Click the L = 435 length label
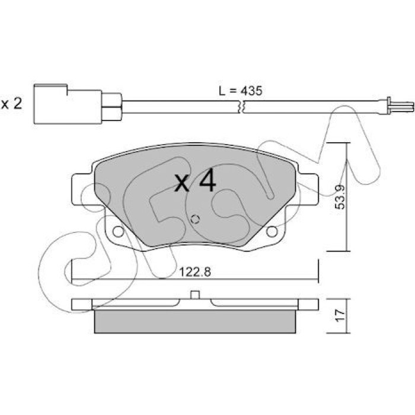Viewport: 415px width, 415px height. pos(241,91)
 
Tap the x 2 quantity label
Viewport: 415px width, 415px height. pos(12,104)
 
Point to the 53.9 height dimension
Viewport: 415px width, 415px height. pos(340,197)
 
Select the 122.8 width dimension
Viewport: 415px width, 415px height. pos(195,272)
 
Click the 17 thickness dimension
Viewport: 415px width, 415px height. pos(340,315)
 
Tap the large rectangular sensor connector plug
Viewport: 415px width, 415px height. pos(68,104)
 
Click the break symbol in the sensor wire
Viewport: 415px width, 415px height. pos(241,107)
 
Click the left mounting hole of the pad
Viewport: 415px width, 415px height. pos(118,232)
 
